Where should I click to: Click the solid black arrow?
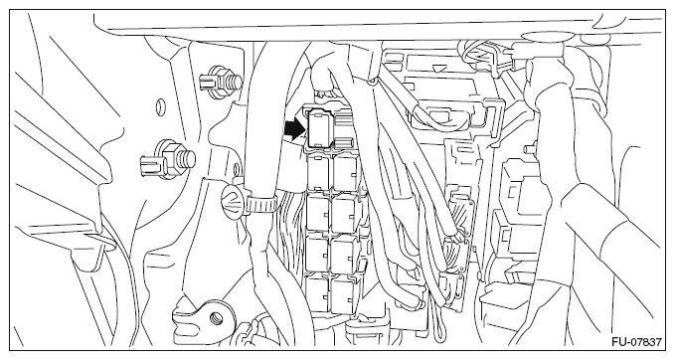click(x=295, y=129)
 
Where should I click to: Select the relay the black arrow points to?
click(x=318, y=127)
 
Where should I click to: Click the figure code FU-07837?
click(x=636, y=342)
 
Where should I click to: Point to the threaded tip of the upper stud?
click(x=235, y=81)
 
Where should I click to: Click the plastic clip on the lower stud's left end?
click(x=150, y=165)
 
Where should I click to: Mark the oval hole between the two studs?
click(x=160, y=105)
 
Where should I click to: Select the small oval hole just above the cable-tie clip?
click(x=236, y=170)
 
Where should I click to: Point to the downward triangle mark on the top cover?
click(x=439, y=68)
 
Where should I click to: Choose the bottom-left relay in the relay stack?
click(x=318, y=294)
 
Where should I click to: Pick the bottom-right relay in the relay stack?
click(x=344, y=294)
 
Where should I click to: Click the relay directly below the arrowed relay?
click(x=319, y=172)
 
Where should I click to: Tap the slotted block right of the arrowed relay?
click(x=344, y=129)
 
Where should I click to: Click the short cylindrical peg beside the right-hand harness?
click(x=529, y=149)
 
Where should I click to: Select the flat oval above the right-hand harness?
click(x=542, y=36)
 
